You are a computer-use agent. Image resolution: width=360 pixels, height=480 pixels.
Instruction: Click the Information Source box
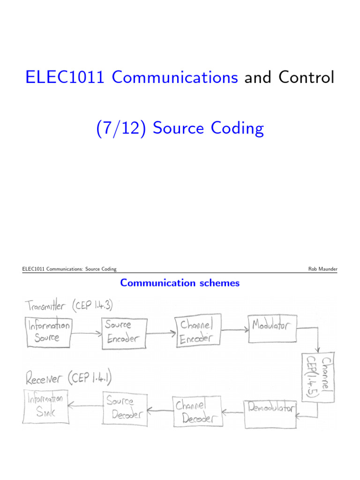coord(48,332)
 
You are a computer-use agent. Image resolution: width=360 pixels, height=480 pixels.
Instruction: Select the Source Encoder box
coord(122,334)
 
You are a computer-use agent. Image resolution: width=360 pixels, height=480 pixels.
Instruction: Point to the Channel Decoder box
coord(196,412)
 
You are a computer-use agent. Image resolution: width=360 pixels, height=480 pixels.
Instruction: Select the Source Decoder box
coord(124,408)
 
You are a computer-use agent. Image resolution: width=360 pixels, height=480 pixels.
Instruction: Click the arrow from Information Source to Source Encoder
coord(87,333)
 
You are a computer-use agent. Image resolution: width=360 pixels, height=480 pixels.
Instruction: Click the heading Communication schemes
coord(180,283)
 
